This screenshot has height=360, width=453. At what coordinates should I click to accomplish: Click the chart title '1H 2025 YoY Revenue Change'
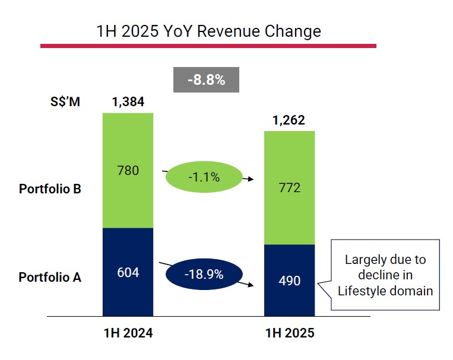click(x=208, y=31)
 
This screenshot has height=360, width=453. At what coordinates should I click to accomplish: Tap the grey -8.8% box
click(x=206, y=79)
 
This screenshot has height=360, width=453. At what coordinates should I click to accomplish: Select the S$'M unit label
click(x=65, y=101)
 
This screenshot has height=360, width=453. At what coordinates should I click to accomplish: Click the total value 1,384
click(x=128, y=101)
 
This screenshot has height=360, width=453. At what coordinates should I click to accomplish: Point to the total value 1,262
click(x=289, y=120)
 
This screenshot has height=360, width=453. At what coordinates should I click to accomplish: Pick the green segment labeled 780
click(x=128, y=171)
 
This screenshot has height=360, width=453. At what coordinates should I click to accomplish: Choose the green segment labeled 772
click(x=289, y=188)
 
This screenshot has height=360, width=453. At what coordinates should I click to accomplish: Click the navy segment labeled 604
click(x=128, y=273)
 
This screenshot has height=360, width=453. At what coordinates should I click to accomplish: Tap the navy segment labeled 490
click(x=289, y=281)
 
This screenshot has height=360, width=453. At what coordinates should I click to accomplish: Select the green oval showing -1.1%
click(x=204, y=177)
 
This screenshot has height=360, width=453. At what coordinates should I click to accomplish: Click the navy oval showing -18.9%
click(x=204, y=275)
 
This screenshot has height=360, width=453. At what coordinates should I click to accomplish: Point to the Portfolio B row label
click(x=50, y=189)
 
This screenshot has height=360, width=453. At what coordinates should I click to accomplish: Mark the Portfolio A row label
click(x=50, y=277)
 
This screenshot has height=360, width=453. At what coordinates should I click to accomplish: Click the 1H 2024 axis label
click(x=128, y=333)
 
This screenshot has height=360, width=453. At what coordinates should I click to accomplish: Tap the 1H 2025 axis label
click(x=289, y=333)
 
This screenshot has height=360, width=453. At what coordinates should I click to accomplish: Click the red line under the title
click(x=208, y=46)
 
